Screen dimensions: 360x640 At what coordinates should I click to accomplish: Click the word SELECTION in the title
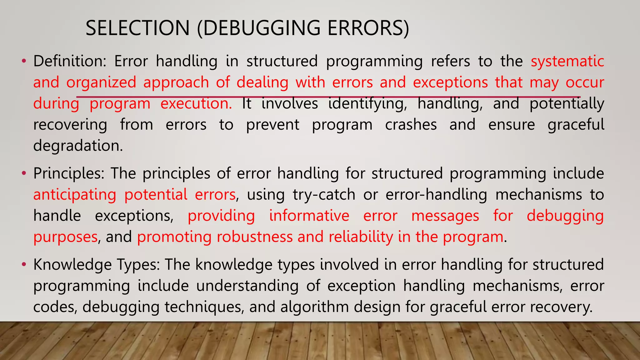pos(137,28)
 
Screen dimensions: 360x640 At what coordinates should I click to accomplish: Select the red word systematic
pos(567,61)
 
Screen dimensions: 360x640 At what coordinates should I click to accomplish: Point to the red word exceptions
pos(450,82)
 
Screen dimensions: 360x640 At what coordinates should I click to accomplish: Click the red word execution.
pos(196,103)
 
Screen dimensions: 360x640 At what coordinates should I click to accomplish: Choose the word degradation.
pos(78,146)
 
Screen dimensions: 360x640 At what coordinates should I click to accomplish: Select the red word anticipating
pos(75,195)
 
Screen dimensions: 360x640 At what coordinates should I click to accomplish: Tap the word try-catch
pos(324,195)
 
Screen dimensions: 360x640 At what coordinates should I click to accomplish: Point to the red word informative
pos(309,216)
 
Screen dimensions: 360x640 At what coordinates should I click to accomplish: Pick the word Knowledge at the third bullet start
pos(72,265)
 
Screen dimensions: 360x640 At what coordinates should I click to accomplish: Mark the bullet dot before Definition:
pos(24,61)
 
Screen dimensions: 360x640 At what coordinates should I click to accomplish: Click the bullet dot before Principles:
pos(24,173)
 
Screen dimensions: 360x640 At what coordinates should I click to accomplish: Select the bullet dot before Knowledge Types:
pos(24,265)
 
